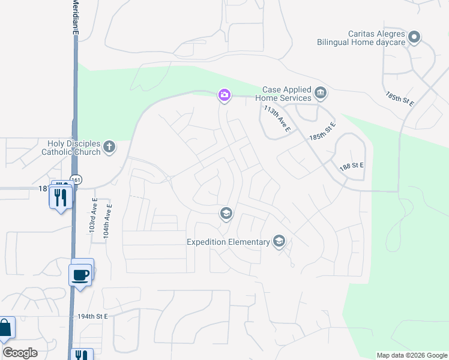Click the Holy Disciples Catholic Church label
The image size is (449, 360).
[70, 148]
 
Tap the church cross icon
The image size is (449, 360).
[109, 146]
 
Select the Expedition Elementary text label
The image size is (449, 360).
[228, 242]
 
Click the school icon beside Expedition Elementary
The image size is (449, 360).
[279, 241]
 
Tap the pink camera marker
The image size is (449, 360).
[224, 95]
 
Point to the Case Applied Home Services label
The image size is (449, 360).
[283, 94]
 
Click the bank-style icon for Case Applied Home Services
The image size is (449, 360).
[321, 93]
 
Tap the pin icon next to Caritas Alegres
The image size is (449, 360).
[414, 38]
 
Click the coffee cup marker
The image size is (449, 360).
[81, 275]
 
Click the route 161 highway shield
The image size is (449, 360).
[76, 179]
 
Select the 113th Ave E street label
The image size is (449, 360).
[277, 119]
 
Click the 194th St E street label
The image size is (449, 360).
[92, 316]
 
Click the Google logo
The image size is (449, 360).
[20, 352]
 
